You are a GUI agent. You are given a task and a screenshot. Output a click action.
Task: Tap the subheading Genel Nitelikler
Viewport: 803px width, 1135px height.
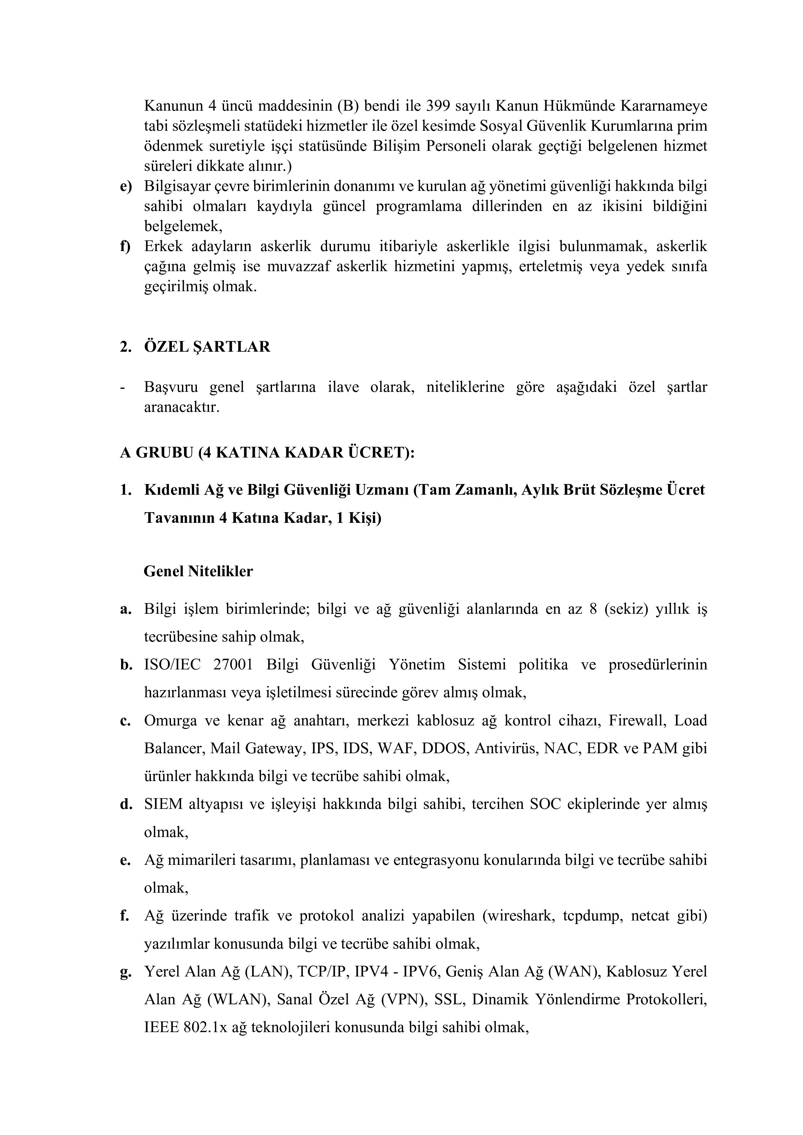[x=198, y=571]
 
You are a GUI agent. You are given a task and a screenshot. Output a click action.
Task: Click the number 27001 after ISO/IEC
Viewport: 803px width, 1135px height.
[x=233, y=664]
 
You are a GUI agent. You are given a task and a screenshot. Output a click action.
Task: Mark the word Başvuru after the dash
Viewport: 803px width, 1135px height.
[x=170, y=387]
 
